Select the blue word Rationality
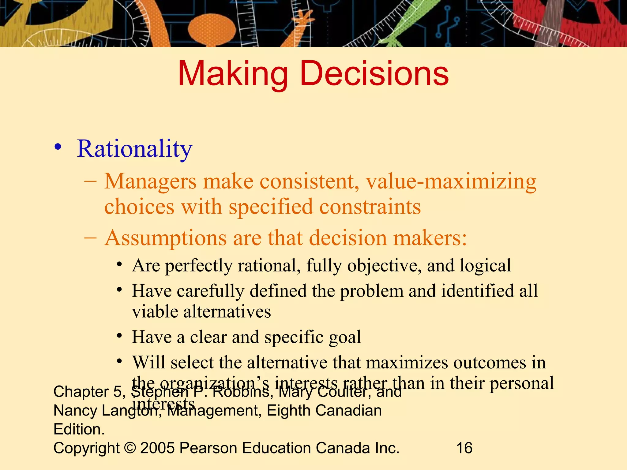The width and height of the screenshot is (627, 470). [134, 149]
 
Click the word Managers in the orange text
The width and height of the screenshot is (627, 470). [150, 181]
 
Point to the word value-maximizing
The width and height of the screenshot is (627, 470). [451, 181]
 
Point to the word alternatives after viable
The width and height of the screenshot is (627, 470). [227, 312]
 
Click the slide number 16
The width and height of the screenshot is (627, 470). [464, 448]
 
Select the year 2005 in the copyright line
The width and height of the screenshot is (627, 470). [157, 448]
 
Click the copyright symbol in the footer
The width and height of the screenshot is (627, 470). [130, 448]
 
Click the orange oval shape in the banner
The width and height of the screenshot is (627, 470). [212, 29]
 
